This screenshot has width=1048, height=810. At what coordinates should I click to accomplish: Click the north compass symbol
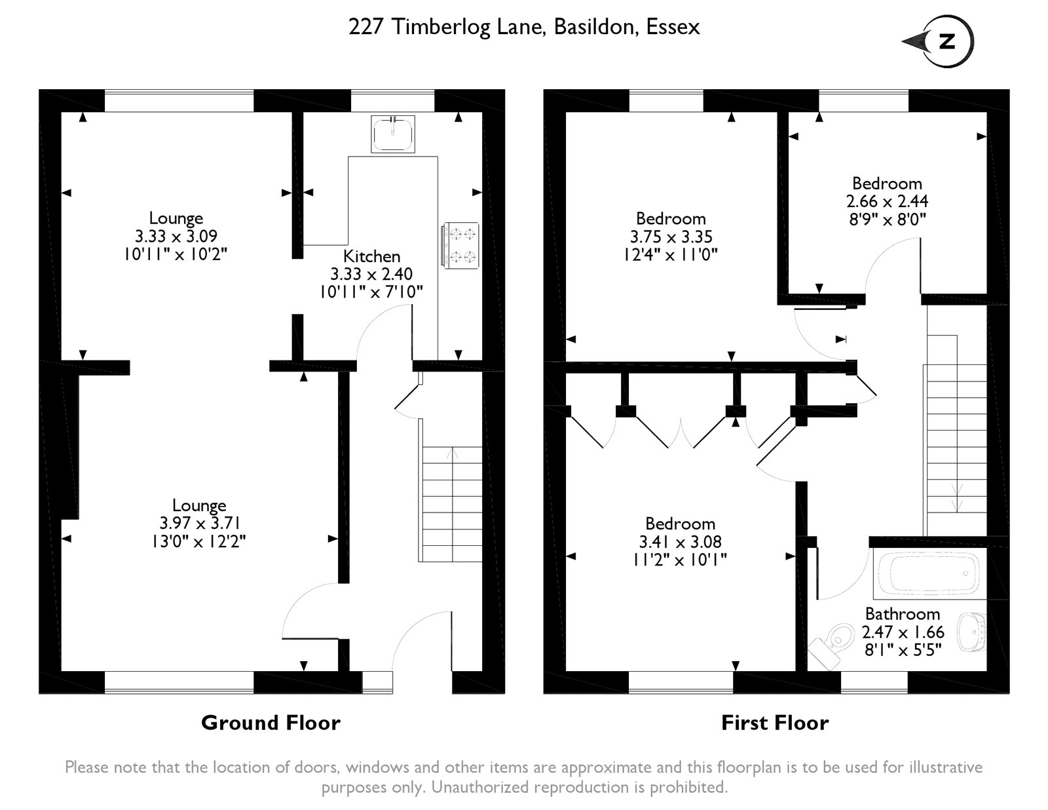coord(939,41)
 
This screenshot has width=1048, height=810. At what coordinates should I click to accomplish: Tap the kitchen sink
coord(392,134)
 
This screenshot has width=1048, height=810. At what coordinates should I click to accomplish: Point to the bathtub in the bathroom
coord(928,573)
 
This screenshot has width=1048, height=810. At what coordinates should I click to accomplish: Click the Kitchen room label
coord(371,256)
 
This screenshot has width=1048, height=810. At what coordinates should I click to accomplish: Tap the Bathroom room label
coord(903,613)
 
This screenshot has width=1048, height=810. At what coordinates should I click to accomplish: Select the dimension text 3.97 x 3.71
coord(200,523)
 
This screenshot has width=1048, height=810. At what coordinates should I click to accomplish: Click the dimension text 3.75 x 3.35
coord(671,237)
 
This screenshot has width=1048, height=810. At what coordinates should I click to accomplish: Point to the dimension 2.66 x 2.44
coord(887,201)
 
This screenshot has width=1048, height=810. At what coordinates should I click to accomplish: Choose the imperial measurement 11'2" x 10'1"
coord(679,560)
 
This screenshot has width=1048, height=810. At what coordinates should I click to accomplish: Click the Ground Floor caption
coord(271,723)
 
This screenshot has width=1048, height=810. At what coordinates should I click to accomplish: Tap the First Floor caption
coord(775,723)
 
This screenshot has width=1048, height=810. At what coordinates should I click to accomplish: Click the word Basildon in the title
coord(596,27)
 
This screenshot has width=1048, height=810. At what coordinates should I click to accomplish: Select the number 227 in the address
coord(366,27)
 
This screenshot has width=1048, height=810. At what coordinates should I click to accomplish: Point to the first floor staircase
coord(955,435)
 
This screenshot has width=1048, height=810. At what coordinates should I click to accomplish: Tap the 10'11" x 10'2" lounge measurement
coord(176,254)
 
